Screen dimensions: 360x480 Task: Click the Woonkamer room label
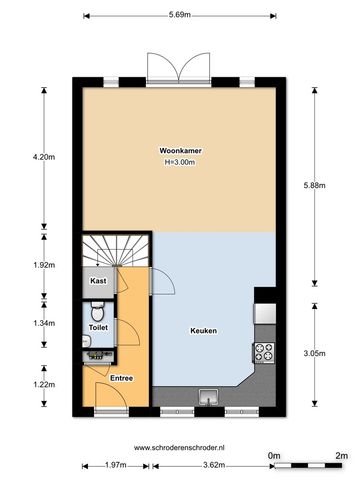(x=180, y=151)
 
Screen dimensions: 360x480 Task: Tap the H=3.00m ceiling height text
(x=180, y=162)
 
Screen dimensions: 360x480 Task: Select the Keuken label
(x=204, y=331)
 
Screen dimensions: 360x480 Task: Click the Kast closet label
(x=98, y=281)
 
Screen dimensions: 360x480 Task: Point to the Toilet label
(x=98, y=328)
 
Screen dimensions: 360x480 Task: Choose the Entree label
(x=122, y=378)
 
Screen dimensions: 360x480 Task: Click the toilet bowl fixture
(x=98, y=311)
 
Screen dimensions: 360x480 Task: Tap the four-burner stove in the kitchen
(x=264, y=352)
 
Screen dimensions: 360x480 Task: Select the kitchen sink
(x=208, y=397)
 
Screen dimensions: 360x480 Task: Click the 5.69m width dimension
(x=180, y=15)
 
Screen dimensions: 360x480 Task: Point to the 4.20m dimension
(x=44, y=157)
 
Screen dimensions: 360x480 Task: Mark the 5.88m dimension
(x=314, y=186)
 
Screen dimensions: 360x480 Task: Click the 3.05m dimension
(x=314, y=354)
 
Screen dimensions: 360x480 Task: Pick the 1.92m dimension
(x=44, y=265)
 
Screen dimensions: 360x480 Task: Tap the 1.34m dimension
(x=44, y=323)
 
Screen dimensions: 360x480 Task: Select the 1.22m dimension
(x=44, y=385)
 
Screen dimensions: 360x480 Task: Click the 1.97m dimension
(x=115, y=465)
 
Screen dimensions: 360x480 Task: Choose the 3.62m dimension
(x=214, y=465)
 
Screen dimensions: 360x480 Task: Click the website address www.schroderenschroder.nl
(x=179, y=448)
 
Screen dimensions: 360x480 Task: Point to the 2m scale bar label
(x=341, y=456)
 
